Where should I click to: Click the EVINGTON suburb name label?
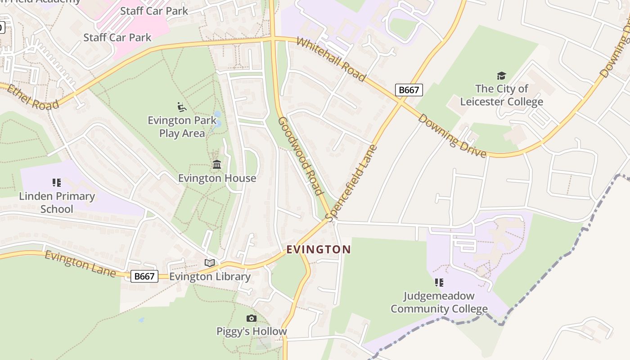pyautogui.click(x=319, y=249)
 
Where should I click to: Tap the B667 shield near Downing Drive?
pyautogui.click(x=409, y=90)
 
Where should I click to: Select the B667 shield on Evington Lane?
pyautogui.click(x=144, y=276)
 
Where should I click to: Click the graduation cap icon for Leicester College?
pyautogui.click(x=501, y=76)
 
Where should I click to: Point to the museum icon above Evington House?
pyautogui.click(x=217, y=165)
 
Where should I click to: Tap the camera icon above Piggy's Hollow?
pyautogui.click(x=252, y=319)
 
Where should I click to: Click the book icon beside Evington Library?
pyautogui.click(x=210, y=263)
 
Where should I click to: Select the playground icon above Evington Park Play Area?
pyautogui.click(x=182, y=107)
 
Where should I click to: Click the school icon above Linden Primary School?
pyautogui.click(x=57, y=183)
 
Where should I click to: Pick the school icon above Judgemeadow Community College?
pyautogui.click(x=439, y=283)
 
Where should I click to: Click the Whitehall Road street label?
pyautogui.click(x=331, y=60)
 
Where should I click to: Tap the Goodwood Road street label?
pyautogui.click(x=301, y=156)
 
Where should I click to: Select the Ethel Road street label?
pyautogui.click(x=33, y=97)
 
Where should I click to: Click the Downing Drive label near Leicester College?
pyautogui.click(x=452, y=136)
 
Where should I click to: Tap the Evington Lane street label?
pyautogui.click(x=80, y=264)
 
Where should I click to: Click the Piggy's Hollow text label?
pyautogui.click(x=252, y=332)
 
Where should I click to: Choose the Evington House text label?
pyautogui.click(x=217, y=178)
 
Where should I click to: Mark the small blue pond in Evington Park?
pyautogui.click(x=218, y=115)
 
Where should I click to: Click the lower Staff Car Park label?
pyautogui.click(x=117, y=37)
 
